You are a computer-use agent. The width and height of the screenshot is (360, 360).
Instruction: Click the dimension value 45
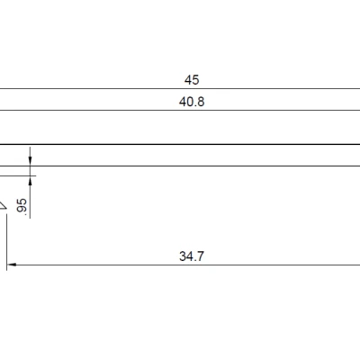point(192,80)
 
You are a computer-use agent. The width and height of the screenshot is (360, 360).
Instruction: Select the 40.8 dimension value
point(192,102)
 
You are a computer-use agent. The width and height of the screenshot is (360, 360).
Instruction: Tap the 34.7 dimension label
point(192,256)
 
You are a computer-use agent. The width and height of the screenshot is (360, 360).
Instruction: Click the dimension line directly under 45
point(180,89)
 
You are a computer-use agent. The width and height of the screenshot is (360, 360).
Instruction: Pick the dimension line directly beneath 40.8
point(180,111)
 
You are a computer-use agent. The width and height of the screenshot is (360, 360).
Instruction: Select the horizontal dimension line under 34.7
point(180,265)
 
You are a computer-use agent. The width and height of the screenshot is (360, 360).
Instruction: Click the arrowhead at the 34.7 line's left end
point(12,265)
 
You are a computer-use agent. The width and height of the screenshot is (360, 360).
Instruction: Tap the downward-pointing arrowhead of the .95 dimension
point(30,160)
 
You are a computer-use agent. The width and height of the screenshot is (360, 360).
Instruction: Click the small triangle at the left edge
point(3,206)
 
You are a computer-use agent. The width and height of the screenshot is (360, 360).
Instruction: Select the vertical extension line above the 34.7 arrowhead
point(7,238)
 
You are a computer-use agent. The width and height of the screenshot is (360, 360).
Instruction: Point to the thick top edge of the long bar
point(180,144)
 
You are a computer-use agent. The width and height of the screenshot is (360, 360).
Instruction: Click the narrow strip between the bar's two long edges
point(180,155)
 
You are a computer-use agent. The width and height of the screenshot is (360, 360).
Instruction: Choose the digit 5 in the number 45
point(195,80)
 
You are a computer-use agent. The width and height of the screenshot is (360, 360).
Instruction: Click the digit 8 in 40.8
point(201,102)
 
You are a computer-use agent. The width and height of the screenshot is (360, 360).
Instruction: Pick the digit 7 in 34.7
point(201,256)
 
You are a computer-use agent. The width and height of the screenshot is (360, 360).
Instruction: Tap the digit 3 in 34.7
point(183,256)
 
